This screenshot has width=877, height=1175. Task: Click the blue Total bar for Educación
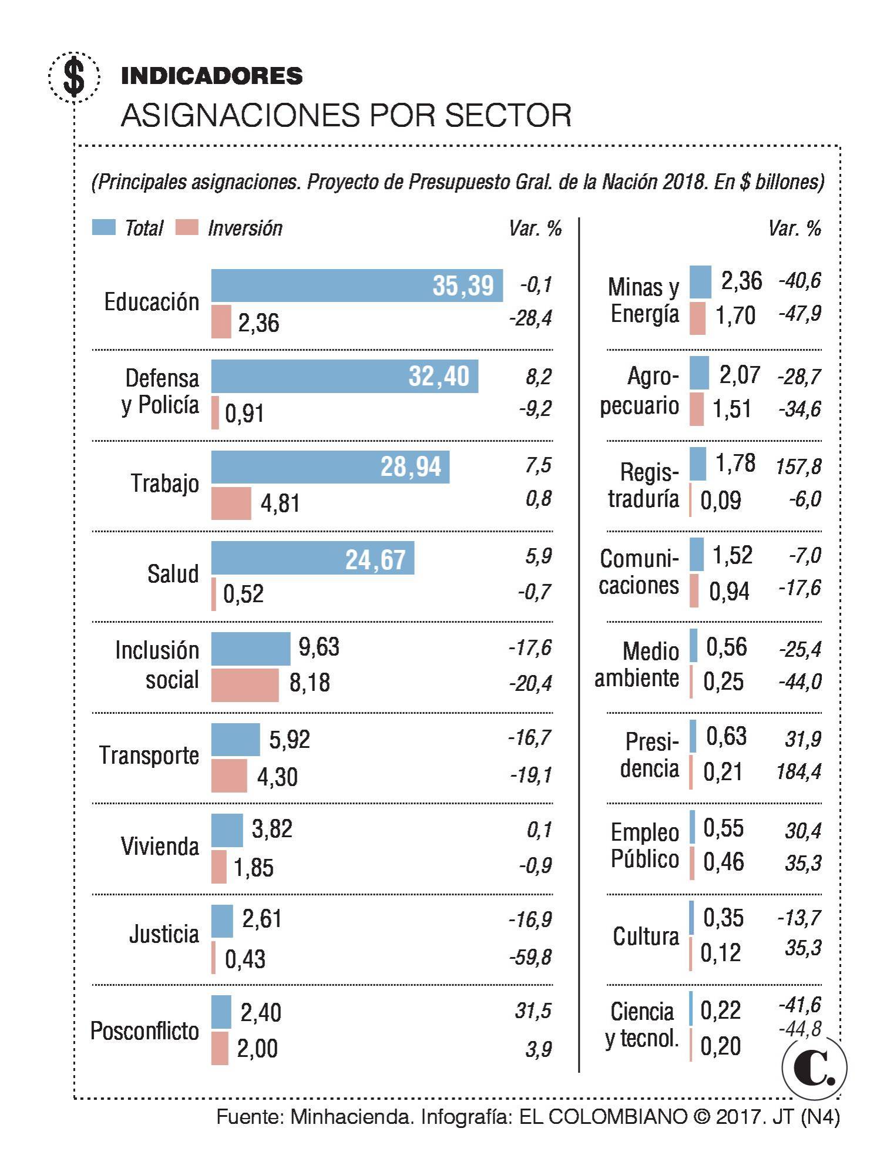tap(357, 286)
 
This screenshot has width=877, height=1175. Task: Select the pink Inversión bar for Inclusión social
tap(245, 685)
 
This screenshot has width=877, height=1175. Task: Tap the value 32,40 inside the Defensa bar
tap(439, 377)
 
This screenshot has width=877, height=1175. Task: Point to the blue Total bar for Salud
tap(313, 558)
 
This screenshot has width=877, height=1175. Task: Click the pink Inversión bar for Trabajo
tap(231, 503)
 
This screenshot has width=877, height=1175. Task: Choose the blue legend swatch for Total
tap(103, 228)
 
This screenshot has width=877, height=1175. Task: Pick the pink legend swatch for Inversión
tap(186, 228)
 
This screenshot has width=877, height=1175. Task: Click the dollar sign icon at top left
tap(74, 77)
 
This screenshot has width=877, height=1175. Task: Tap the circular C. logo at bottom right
tap(814, 1068)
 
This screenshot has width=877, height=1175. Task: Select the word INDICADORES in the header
tap(211, 76)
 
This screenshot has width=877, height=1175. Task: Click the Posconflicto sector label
tap(145, 1031)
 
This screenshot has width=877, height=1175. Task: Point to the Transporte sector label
tap(149, 756)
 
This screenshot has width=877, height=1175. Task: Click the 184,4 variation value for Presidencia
tap(798, 771)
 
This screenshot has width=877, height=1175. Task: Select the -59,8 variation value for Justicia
tap(530, 957)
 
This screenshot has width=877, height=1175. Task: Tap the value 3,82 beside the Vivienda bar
tap(272, 829)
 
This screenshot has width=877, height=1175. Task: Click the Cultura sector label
tap(646, 936)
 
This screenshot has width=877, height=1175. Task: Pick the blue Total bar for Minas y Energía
tap(700, 282)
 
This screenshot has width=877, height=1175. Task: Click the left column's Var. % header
tap(535, 229)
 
